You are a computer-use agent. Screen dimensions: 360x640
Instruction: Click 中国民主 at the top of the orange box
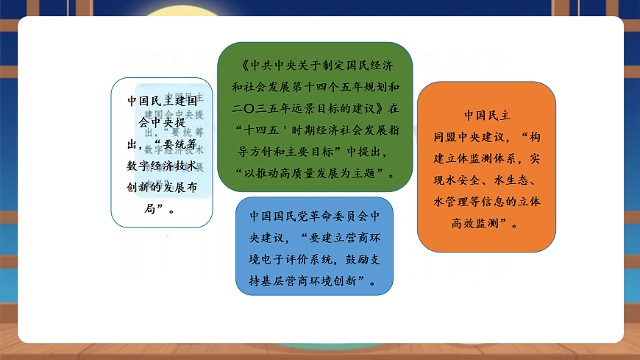[486, 116]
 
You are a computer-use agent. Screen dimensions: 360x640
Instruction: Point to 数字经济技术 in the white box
[157, 166]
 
